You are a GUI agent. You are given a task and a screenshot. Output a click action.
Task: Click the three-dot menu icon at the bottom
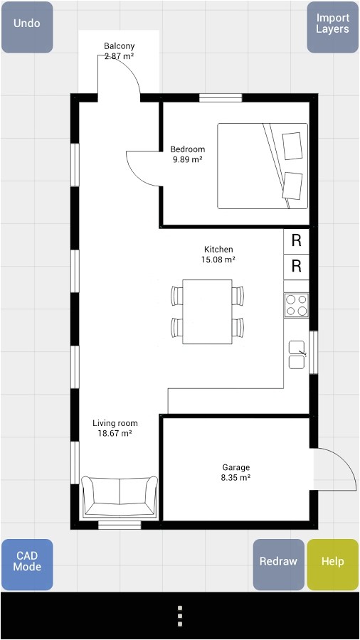(180, 616)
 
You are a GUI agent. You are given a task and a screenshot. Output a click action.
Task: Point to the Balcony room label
(119, 50)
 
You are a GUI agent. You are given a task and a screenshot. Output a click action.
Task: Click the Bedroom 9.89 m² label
(187, 154)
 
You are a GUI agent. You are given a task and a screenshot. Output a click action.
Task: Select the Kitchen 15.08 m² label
(218, 255)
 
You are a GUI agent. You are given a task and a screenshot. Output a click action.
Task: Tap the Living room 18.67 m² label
(115, 427)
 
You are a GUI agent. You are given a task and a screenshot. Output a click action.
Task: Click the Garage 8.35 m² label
(235, 472)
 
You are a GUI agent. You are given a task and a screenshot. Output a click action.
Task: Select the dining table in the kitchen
(207, 311)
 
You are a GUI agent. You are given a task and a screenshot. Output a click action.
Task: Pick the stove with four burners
(296, 305)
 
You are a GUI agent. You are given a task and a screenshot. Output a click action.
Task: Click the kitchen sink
(296, 354)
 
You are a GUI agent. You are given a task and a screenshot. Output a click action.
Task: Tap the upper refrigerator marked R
(296, 241)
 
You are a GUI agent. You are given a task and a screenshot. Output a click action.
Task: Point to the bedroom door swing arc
(140, 169)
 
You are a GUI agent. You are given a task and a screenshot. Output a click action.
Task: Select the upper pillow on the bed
(292, 146)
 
